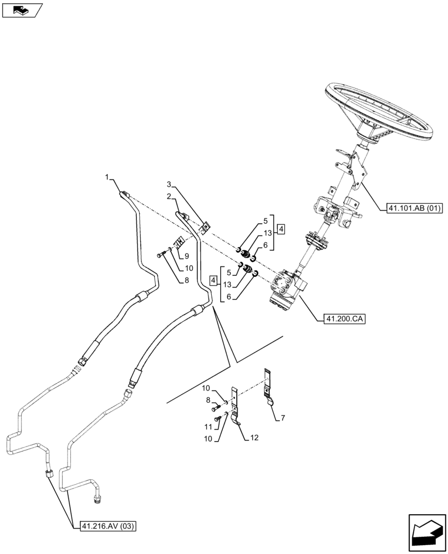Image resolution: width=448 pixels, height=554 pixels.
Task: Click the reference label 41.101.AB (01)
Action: (x=411, y=209)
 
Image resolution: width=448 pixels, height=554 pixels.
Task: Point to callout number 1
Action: (x=106, y=177)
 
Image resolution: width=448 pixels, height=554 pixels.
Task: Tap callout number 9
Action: (x=187, y=257)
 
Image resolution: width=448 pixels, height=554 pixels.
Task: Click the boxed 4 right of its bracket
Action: (x=281, y=229)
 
